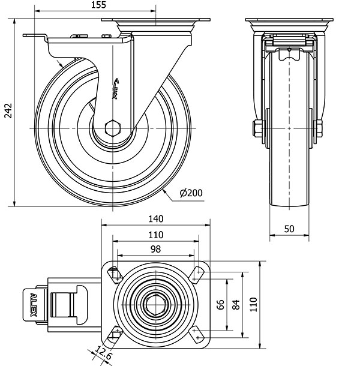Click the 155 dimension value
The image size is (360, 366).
[100, 5]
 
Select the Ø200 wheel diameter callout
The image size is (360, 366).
[191, 193]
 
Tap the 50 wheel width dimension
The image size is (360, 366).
[290, 229]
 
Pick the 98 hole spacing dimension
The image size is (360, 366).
[155, 249]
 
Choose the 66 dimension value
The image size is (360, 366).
[220, 305]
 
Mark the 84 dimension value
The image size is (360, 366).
[236, 305]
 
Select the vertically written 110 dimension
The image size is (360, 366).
[253, 305]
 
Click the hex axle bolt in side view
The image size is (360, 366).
[112, 128]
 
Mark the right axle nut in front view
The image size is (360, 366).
[319, 128]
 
